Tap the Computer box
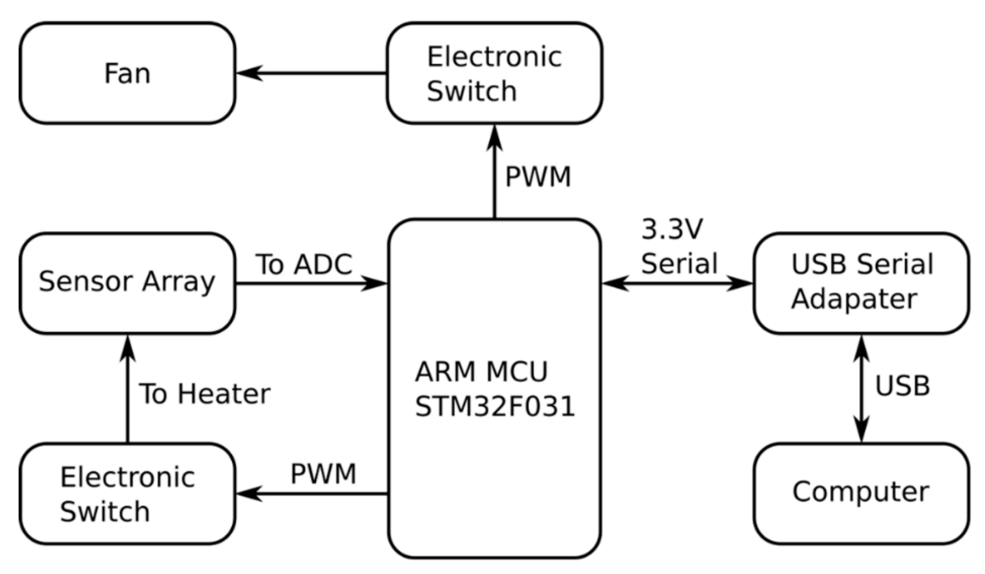point(861,493)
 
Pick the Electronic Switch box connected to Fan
point(494,73)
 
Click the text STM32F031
point(494,407)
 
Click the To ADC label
point(304,264)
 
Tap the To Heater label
point(204,394)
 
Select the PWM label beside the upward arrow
point(538,177)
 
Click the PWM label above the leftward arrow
point(323,474)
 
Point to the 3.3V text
point(672,229)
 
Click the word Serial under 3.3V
point(679,263)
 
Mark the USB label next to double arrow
point(902,386)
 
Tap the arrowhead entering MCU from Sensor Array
point(373,283)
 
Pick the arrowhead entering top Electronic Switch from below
point(494,137)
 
